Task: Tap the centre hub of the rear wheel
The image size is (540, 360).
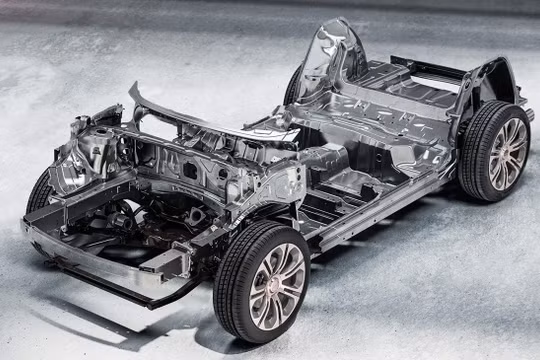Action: click(x=508, y=152)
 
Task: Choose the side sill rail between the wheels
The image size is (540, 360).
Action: click(x=385, y=205)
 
